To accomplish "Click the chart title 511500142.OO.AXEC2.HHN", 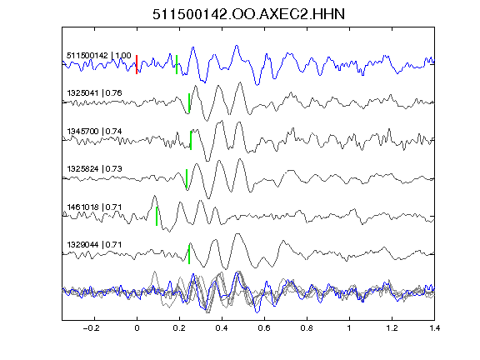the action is click(x=248, y=14).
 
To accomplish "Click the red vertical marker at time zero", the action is click(x=137, y=64).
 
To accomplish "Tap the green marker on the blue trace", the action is click(x=177, y=64).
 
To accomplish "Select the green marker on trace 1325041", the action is click(x=189, y=102).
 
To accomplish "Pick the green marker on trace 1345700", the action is click(x=191, y=140).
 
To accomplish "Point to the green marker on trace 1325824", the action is click(x=187, y=178).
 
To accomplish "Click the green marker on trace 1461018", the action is click(x=157, y=216).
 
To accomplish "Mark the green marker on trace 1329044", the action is click(x=189, y=254).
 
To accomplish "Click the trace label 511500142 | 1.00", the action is click(x=99, y=56).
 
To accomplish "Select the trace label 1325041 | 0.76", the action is click(x=95, y=93).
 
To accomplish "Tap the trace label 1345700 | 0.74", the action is click(x=95, y=132).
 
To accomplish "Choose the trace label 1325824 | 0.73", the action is click(x=95, y=169).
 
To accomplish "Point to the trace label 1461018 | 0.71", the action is click(x=95, y=207).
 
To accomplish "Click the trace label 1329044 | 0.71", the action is click(x=95, y=245).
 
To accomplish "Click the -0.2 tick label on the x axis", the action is click(x=92, y=328).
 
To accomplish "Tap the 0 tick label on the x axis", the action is click(x=137, y=328).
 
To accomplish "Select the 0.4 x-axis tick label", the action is click(x=222, y=328).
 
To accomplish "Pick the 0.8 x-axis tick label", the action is click(x=307, y=328).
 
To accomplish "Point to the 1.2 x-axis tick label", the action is click(x=392, y=328).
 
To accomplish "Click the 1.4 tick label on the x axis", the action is click(x=434, y=328).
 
